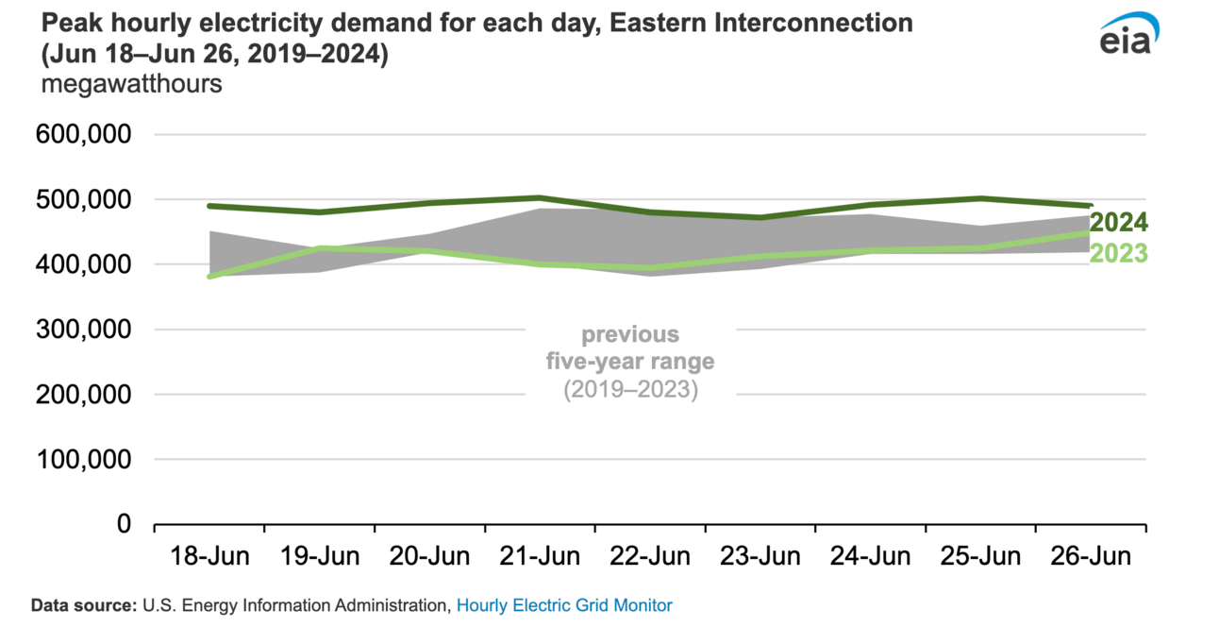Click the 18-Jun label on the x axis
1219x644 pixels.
pos(209,556)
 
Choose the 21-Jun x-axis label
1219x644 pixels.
pos(540,556)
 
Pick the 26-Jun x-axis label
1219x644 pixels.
pos(1091,556)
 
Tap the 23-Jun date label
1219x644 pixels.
pos(760,556)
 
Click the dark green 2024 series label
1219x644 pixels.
pos(1119,224)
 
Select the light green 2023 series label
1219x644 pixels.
pos(1119,253)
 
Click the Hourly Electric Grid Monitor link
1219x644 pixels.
pos(564,605)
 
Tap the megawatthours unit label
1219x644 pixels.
pos(131,83)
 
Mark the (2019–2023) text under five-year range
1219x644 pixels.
pos(630,389)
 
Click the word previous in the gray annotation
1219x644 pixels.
pos(630,334)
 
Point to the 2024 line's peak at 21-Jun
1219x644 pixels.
pos(540,198)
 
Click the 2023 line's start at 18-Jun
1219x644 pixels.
pos(209,276)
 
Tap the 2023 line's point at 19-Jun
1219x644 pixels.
pos(320,248)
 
